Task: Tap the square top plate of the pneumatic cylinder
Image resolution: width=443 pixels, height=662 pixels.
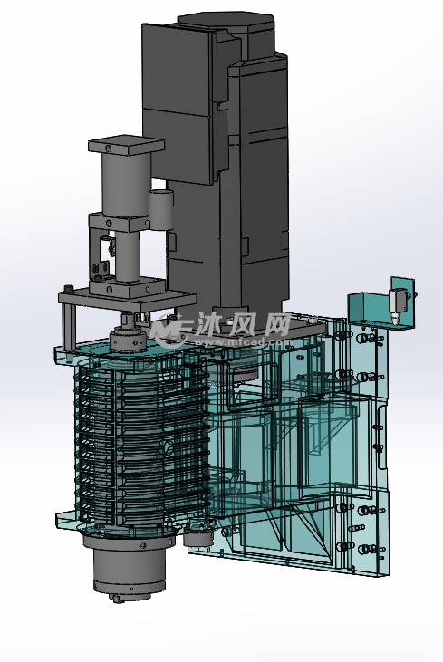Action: point(126,145)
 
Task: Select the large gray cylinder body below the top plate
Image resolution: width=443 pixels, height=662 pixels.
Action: point(126,184)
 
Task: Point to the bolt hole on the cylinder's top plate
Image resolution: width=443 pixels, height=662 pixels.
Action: point(109,148)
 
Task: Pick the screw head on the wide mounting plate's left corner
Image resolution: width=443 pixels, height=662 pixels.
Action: point(69,289)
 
